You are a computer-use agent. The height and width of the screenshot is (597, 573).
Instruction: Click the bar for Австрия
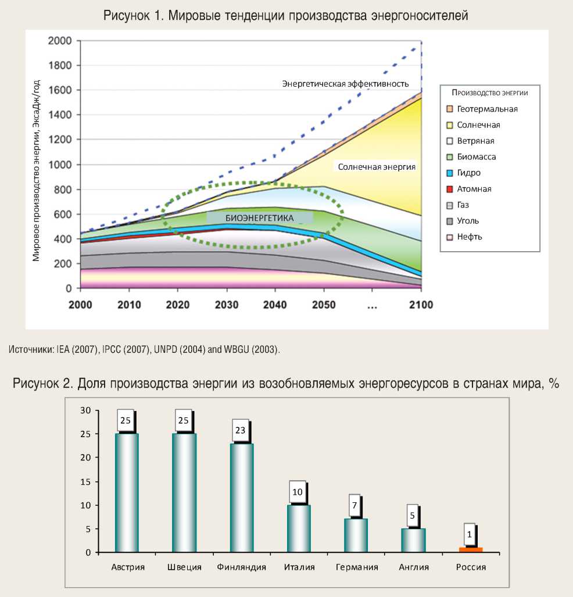pyautogui.click(x=127, y=492)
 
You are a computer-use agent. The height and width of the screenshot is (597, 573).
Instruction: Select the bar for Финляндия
pyautogui.click(x=242, y=497)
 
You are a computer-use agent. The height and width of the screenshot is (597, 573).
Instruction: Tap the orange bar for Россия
pyautogui.click(x=471, y=549)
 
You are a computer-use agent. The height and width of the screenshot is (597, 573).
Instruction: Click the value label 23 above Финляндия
pyautogui.click(x=241, y=431)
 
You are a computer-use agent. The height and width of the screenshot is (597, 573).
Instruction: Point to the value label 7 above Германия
pyautogui.click(x=354, y=506)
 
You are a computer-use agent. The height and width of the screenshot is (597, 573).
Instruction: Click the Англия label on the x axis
pyautogui.click(x=414, y=567)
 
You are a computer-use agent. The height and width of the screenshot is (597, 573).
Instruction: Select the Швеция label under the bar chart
pyautogui.click(x=184, y=567)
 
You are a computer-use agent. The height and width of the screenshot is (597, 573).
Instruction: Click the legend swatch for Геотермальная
pyautogui.click(x=449, y=109)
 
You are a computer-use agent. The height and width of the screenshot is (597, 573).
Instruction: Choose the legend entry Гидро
pyautogui.click(x=468, y=173)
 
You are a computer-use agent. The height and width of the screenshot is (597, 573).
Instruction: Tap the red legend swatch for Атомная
pyautogui.click(x=449, y=189)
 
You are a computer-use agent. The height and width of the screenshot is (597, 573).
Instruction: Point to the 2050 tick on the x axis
pyautogui.click(x=324, y=305)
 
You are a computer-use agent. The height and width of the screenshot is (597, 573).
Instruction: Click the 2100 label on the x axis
pyautogui.click(x=420, y=305)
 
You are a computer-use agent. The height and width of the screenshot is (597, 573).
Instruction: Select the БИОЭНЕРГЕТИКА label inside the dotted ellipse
pyautogui.click(x=259, y=218)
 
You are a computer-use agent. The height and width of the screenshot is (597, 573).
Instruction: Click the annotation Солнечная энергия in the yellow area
pyautogui.click(x=377, y=167)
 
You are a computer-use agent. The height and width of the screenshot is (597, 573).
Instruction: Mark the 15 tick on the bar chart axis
pyautogui.click(x=86, y=481)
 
